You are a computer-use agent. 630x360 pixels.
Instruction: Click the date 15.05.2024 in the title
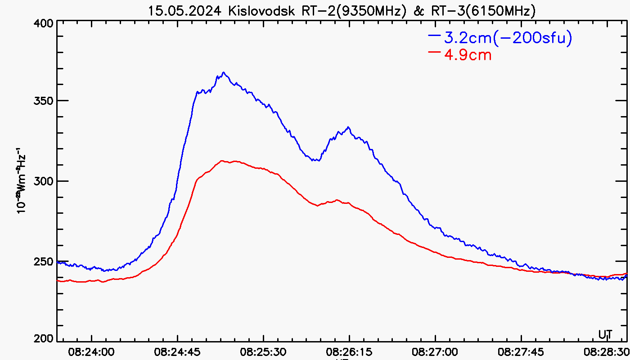point(185,11)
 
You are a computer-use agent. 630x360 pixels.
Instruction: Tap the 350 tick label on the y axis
point(44,101)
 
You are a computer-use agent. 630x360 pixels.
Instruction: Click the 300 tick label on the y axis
point(44,181)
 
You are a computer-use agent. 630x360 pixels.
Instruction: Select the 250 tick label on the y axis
point(44,261)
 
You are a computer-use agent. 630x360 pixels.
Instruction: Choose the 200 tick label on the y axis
point(44,338)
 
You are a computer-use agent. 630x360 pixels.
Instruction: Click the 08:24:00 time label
point(92,351)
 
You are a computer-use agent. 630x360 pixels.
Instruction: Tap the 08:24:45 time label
point(178,351)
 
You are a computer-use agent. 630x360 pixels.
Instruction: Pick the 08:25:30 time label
point(263,351)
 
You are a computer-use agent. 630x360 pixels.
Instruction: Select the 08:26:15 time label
point(349,351)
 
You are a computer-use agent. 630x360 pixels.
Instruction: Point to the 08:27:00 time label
point(435,351)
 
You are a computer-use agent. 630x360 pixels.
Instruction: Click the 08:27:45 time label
point(521,351)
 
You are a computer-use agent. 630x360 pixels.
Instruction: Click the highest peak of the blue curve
point(223,72)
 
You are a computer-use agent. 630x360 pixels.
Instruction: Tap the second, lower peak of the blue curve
point(348,127)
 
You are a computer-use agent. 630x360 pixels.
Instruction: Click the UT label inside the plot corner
point(605,334)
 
